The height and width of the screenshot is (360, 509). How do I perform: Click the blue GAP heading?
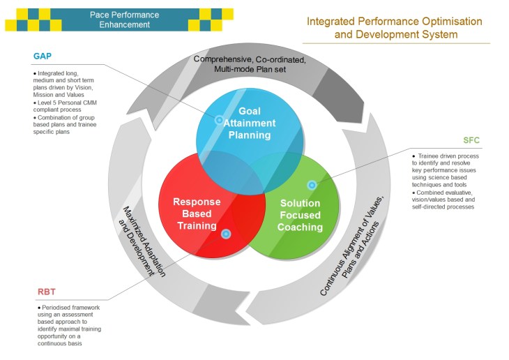pyautogui.click(x=43, y=57)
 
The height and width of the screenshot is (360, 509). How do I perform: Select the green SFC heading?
pyautogui.click(x=471, y=140)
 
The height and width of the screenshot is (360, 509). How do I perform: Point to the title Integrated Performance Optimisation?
pyautogui.click(x=394, y=21)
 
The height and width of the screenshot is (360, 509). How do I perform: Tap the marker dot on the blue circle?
pyautogui.click(x=219, y=120)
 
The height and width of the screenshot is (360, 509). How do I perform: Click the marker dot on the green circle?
pyautogui.click(x=312, y=185)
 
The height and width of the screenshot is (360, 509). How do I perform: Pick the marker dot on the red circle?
pyautogui.click(x=225, y=234)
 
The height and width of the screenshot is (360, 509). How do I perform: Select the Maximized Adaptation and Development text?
pyautogui.click(x=139, y=241)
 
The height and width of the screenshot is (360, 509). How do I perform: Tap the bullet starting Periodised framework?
pyautogui.click(x=70, y=324)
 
